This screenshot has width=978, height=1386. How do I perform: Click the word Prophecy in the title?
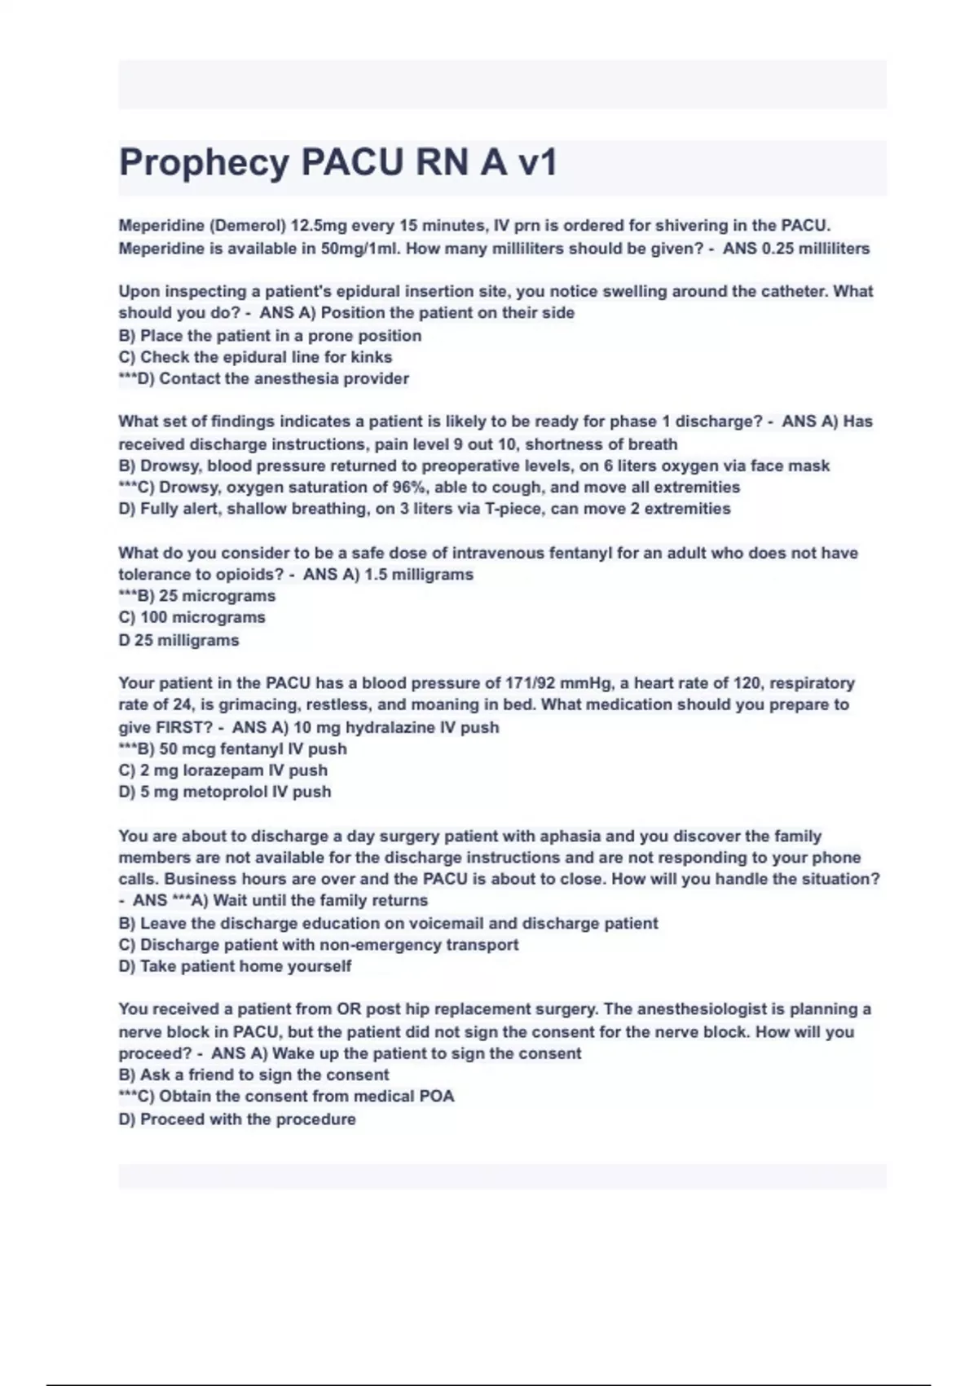204,162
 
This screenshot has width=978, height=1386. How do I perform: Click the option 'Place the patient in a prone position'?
270,335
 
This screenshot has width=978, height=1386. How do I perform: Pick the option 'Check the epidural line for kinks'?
255,357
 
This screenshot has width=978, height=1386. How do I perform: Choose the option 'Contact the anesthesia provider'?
264,378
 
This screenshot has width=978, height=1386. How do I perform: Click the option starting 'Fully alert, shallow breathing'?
424,509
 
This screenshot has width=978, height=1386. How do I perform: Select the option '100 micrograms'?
192,617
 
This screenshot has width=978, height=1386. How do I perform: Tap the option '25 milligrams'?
178,640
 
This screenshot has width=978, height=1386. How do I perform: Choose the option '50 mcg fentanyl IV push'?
233,748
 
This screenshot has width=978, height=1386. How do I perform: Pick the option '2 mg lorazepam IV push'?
222,770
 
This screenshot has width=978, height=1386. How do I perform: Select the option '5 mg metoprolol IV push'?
225,792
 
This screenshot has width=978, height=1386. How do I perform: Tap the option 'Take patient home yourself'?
235,966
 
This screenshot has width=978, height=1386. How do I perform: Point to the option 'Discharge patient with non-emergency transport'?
319,945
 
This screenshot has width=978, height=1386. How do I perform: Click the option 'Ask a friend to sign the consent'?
253,1075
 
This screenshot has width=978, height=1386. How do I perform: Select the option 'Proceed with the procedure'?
237,1119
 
